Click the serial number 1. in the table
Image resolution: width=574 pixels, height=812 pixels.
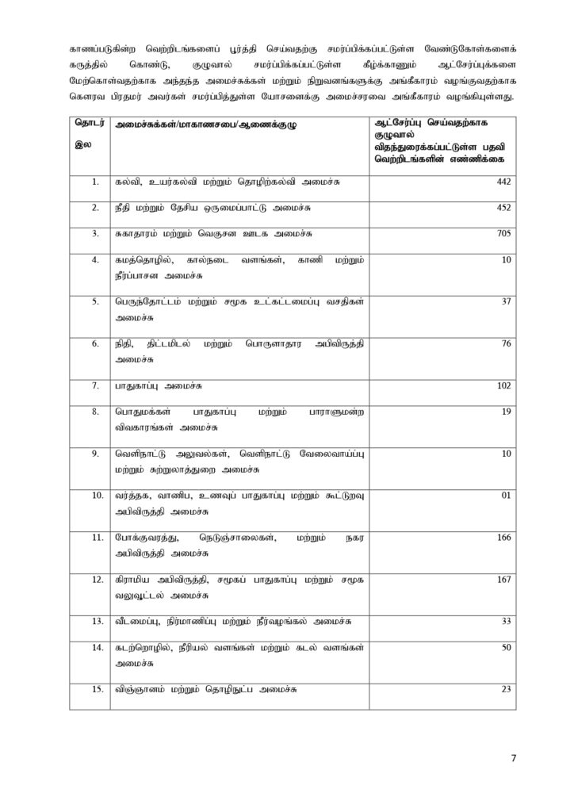click(94, 182)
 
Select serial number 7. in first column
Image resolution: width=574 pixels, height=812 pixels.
click(94, 386)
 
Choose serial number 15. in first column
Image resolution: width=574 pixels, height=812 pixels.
click(96, 689)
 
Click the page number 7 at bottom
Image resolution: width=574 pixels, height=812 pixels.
click(514, 758)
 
